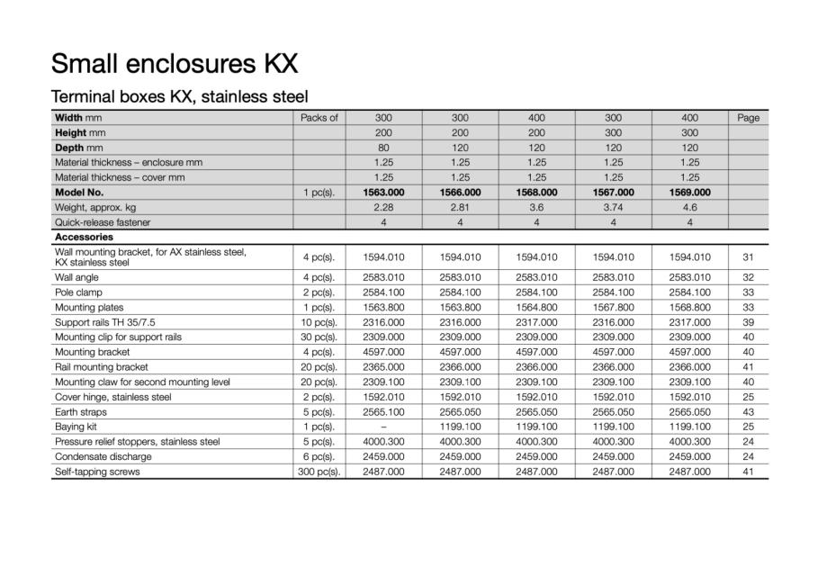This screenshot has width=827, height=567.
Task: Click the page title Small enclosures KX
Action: click(175, 64)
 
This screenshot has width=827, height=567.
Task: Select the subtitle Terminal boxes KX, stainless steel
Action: click(180, 96)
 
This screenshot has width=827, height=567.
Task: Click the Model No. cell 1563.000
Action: click(383, 192)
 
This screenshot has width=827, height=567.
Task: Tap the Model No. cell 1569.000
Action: click(690, 192)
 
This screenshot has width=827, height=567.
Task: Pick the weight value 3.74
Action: click(613, 207)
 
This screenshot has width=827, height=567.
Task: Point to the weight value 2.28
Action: click(383, 207)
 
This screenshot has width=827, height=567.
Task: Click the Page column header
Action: click(748, 117)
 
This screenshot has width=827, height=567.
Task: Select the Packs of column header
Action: click(319, 117)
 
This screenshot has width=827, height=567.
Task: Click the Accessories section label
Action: click(83, 237)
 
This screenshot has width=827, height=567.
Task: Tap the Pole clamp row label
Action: click(78, 292)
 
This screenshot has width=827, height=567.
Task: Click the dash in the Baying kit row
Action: click(383, 427)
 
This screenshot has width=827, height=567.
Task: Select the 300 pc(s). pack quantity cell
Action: click(319, 472)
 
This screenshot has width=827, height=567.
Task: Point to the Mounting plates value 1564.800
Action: click(536, 307)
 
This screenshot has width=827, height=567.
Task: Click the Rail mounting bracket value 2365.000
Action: click(383, 367)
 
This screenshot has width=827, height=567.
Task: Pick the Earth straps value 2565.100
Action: click(383, 411)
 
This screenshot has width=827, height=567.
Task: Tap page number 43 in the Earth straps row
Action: click(748, 411)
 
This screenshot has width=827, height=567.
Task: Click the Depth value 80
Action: click(383, 147)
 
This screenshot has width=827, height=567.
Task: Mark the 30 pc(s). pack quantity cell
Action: click(319, 337)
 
